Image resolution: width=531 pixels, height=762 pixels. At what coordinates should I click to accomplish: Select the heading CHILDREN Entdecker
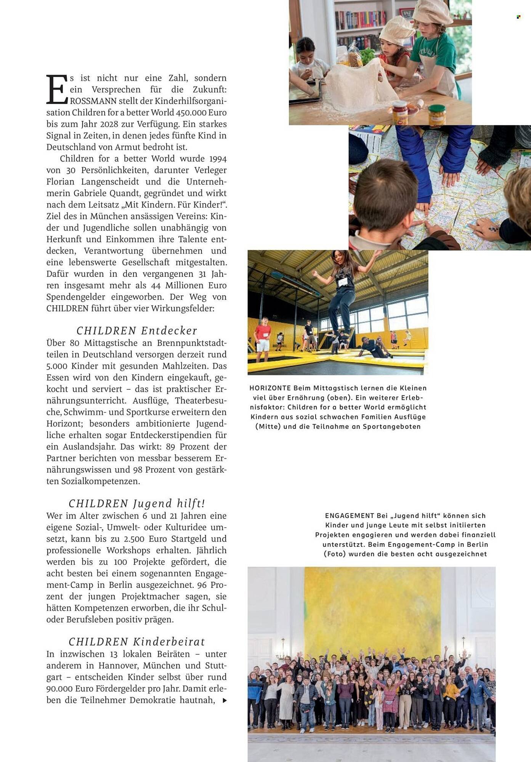(137, 330)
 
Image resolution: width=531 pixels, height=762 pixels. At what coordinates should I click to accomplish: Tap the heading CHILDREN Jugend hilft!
(137, 503)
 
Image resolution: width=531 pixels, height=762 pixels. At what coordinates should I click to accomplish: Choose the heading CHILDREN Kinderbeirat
(137, 642)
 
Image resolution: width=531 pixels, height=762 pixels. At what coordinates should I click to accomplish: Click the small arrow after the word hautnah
(225, 700)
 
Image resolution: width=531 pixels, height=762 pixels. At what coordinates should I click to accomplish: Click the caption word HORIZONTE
(270, 388)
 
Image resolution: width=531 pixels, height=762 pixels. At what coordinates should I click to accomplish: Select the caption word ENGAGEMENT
(350, 516)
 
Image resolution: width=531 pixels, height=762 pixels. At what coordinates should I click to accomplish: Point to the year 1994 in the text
(218, 159)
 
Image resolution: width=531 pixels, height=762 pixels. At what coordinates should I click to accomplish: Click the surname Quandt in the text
(122, 193)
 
